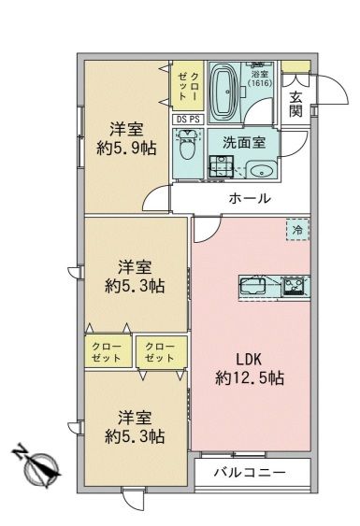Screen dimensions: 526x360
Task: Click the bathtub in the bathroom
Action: coord(226,88)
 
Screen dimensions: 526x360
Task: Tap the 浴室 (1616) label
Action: coord(259,80)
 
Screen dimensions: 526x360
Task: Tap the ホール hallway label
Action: coord(250,198)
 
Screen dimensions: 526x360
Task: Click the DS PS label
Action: coord(186,120)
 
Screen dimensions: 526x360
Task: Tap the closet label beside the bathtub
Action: coord(187,85)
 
